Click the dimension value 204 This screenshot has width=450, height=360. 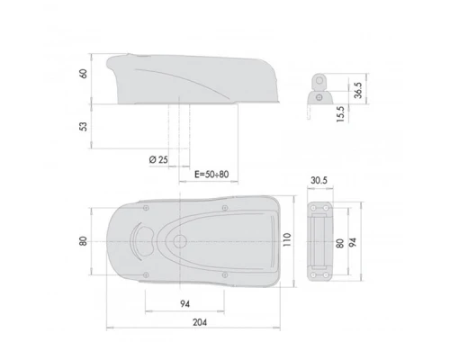pyautogui.click(x=200, y=322)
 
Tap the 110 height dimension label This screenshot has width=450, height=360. pyautogui.click(x=287, y=239)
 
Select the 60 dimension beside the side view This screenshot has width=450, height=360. pyautogui.click(x=84, y=74)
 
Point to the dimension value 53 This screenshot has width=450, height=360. pyautogui.click(x=84, y=126)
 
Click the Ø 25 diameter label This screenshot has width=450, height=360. pyautogui.click(x=158, y=159)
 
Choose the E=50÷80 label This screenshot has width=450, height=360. pyautogui.click(x=211, y=175)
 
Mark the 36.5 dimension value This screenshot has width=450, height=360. pyautogui.click(x=358, y=90)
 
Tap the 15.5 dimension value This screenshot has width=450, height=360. pyautogui.click(x=340, y=114)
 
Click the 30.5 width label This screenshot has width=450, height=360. pyautogui.click(x=319, y=180)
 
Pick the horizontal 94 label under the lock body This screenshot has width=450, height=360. pyautogui.click(x=185, y=304)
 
